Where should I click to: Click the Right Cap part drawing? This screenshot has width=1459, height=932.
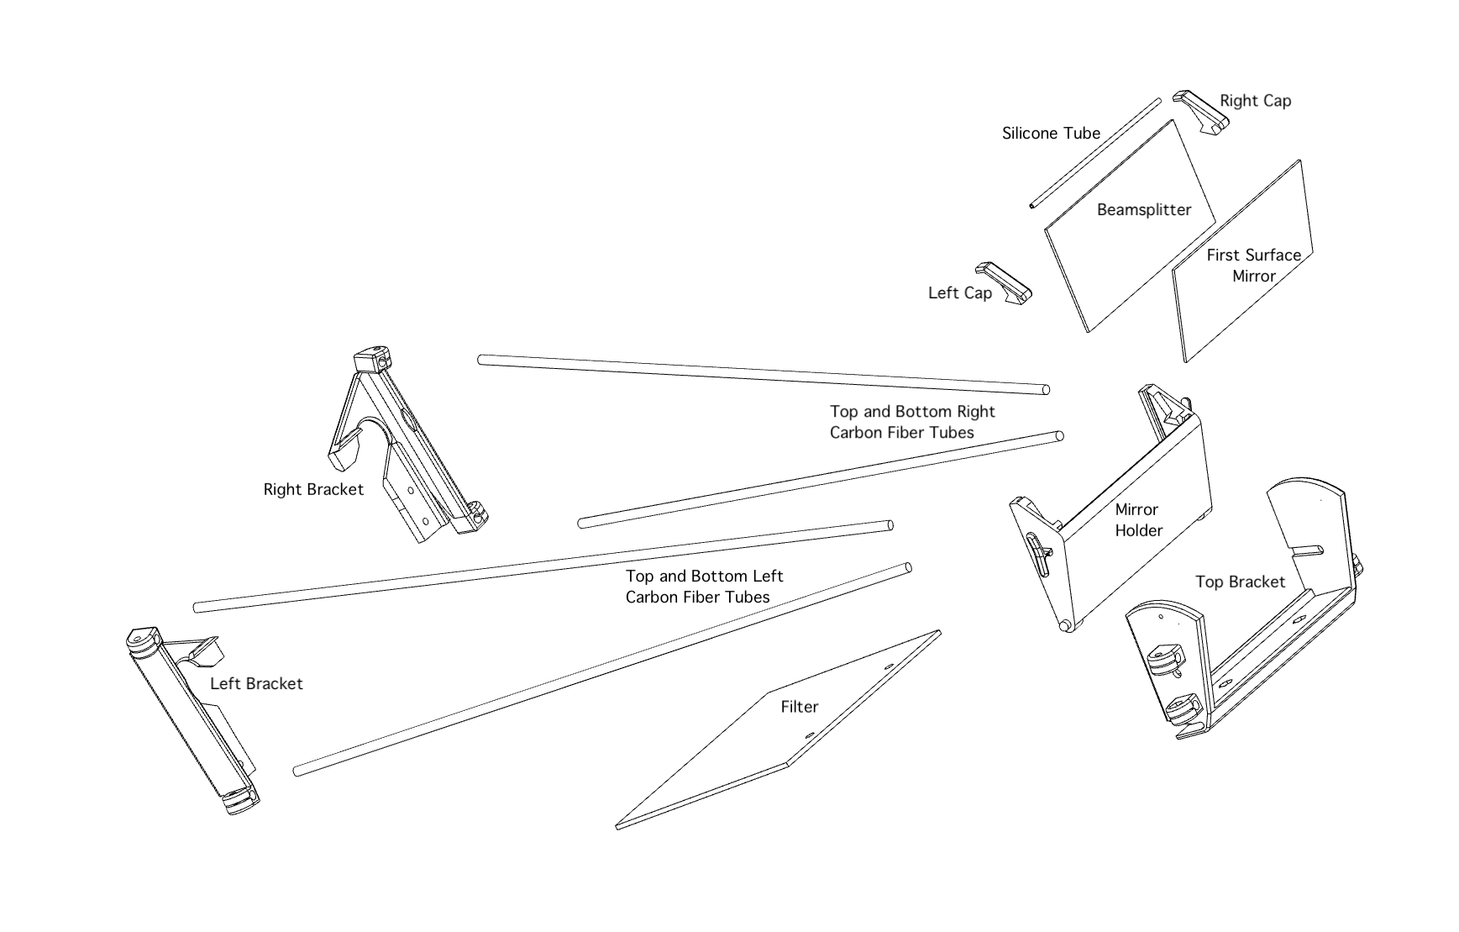[x=1201, y=110]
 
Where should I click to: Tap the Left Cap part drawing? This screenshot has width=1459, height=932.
[x=1004, y=282]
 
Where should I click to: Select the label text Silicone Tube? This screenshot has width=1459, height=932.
[x=1051, y=133]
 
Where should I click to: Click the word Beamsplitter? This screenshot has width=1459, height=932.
[x=1143, y=209]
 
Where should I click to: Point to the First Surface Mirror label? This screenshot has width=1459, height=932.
[x=1253, y=265]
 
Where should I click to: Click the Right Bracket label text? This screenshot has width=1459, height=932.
[x=313, y=489]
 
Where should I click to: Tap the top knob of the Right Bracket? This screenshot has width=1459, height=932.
[x=372, y=360]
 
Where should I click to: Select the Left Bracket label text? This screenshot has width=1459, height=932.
[x=256, y=683]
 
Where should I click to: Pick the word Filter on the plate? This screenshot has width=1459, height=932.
[x=799, y=707]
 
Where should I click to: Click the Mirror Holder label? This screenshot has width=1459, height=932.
[x=1138, y=519]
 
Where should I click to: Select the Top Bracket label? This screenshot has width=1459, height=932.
[x=1240, y=582]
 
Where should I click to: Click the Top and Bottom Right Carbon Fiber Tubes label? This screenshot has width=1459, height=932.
[x=911, y=422]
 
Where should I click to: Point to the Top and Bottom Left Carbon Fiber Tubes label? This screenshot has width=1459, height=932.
[x=703, y=587]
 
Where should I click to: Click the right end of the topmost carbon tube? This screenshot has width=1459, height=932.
[x=1046, y=389]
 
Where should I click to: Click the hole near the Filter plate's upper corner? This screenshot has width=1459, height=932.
[x=890, y=667]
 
